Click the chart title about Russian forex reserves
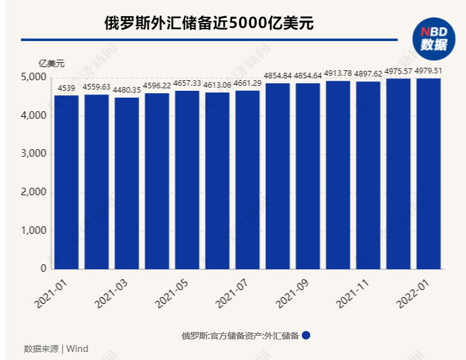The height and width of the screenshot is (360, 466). (x=209, y=24)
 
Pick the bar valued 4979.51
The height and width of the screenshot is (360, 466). (x=428, y=173)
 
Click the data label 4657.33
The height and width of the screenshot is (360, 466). (x=187, y=83)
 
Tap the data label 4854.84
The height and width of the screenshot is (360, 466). (x=277, y=75)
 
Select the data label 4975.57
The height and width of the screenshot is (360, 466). (x=398, y=71)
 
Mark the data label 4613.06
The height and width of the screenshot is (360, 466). (x=217, y=85)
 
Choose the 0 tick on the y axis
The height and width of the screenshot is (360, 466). (x=43, y=269)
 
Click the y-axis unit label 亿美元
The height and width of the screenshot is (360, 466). (x=51, y=63)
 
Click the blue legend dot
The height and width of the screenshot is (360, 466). (x=306, y=335)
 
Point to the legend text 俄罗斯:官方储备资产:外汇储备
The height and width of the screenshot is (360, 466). (x=240, y=336)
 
